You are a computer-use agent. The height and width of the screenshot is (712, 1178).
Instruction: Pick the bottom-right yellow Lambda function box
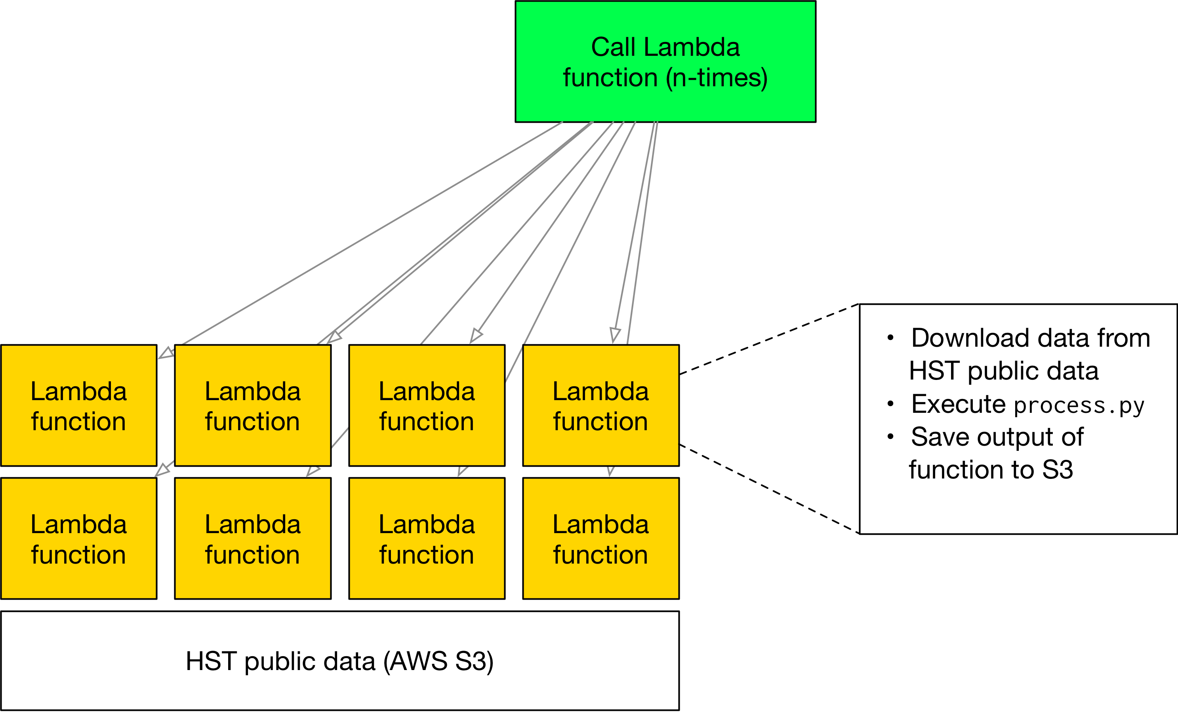pos(601,539)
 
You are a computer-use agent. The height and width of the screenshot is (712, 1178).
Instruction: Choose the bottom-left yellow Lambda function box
pos(79,539)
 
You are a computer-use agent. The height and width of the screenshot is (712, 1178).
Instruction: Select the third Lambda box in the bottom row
pos(427,539)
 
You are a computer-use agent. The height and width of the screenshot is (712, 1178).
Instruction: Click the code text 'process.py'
pos(1079,406)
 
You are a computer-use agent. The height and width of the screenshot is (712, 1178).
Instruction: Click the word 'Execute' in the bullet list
pos(958,404)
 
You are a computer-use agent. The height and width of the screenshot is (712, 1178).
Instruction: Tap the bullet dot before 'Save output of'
pos(890,436)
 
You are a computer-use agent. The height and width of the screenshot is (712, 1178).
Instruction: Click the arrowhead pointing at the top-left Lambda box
pos(166,353)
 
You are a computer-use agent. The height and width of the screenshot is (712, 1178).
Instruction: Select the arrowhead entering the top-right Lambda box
pos(614,334)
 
